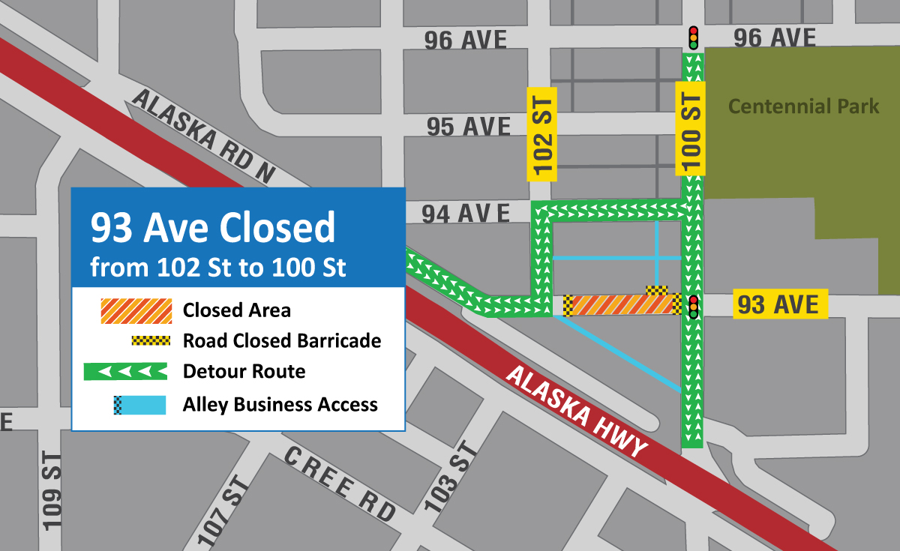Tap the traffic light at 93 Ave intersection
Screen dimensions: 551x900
point(694,307)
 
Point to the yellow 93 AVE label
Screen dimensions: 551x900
point(780,304)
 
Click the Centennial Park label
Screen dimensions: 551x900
point(804,106)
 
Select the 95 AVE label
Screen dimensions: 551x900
point(469,127)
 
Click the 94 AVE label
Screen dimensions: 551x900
point(464,214)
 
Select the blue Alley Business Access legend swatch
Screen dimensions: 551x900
point(139,405)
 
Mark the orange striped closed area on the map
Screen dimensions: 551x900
point(619,305)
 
